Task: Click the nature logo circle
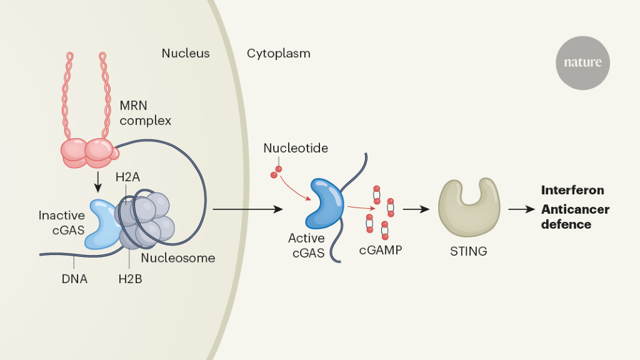[x=582, y=62]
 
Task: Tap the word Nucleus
[x=186, y=53]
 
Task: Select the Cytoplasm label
[x=278, y=53]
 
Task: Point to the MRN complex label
[x=145, y=113]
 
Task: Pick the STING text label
[x=468, y=252]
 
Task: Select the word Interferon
[x=572, y=190]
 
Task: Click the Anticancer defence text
[x=575, y=216]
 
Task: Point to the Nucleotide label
[x=296, y=148]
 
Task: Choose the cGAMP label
[x=380, y=250]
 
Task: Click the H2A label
[x=127, y=177]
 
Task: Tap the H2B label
[x=130, y=279]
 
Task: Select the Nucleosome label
[x=177, y=257]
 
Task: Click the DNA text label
[x=74, y=279]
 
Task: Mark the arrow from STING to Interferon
[x=520, y=209]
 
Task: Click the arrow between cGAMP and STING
[x=416, y=209]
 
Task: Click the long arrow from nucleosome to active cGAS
[x=247, y=209]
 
